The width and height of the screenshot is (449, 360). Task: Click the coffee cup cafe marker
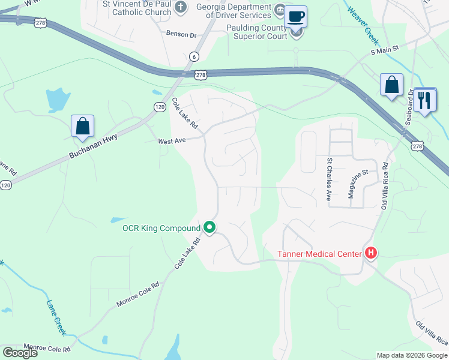[x=295, y=16]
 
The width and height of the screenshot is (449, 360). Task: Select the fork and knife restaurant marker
[x=425, y=100]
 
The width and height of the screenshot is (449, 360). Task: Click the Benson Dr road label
[x=181, y=35]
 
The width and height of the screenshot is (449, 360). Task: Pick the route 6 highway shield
[x=194, y=56]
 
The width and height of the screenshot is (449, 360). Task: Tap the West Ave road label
[x=172, y=141]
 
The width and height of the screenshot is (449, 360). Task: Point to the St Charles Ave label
[x=329, y=179]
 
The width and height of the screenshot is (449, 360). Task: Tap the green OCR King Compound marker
[x=209, y=227]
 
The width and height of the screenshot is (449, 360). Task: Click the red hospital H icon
[x=371, y=253]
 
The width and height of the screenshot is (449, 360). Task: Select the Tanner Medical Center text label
[x=319, y=253]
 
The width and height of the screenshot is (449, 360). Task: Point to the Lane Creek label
[x=55, y=314]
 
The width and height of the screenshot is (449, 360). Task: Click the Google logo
[x=20, y=353]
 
